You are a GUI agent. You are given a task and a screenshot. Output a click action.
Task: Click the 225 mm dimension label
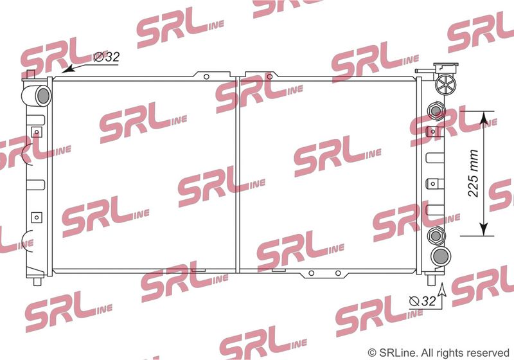point(474,173)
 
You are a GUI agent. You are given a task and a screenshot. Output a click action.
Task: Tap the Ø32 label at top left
point(107,57)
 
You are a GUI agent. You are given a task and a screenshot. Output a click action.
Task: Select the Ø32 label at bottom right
point(423,301)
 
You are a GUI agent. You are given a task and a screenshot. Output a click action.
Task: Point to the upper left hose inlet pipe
point(37,95)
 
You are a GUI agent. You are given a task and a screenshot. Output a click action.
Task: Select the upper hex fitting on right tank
point(436,111)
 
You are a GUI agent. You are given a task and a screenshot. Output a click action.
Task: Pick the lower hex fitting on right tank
point(436,235)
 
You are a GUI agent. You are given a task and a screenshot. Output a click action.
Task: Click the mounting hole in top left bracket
point(206,76)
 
